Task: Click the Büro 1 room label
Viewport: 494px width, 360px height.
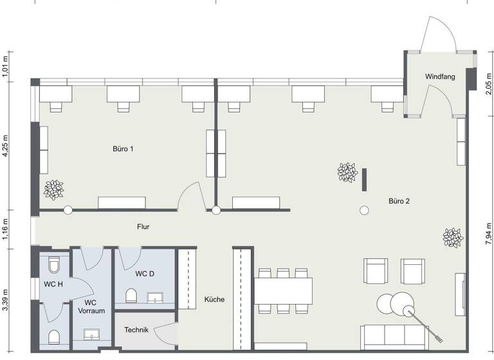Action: [x=123, y=149]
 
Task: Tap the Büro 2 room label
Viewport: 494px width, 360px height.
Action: [x=399, y=201]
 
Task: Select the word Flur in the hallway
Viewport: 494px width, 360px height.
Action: [x=143, y=227]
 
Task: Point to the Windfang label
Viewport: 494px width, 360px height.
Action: [x=440, y=76]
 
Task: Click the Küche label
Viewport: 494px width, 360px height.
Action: [x=214, y=300]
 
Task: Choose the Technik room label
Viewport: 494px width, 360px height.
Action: [x=136, y=330]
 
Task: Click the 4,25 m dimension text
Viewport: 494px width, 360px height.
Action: [x=5, y=146]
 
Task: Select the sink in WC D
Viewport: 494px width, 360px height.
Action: [x=156, y=297]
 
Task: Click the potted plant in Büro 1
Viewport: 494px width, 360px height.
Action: [x=54, y=189]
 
